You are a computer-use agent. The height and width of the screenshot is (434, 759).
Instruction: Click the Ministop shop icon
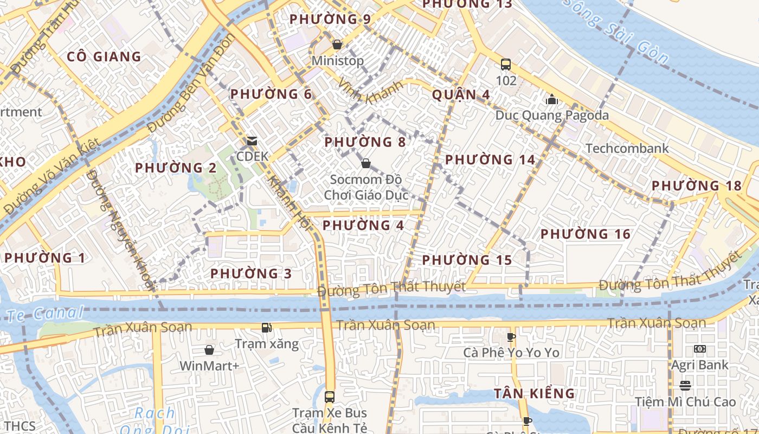coord(337,44)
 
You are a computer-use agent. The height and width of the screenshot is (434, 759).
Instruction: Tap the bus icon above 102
coord(506,65)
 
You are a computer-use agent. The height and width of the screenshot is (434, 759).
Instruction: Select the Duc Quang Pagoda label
coord(552,116)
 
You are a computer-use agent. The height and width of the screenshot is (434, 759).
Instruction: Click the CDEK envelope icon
coord(252,141)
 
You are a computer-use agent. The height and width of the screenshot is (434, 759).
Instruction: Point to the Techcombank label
coord(627,148)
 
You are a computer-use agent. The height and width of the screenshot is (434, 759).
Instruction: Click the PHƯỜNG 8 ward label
coord(365,142)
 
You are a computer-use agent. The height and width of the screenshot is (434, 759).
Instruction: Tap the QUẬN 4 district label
coord(461,95)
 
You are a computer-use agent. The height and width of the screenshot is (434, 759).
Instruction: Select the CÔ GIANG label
coord(104,56)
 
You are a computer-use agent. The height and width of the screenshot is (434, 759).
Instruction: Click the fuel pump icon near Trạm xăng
coord(266,327)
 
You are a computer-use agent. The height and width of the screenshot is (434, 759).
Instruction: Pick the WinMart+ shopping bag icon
coord(209,350)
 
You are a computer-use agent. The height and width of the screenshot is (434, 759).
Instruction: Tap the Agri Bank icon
coord(699,349)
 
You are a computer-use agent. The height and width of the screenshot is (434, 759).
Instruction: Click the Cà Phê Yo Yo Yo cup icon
coord(511,337)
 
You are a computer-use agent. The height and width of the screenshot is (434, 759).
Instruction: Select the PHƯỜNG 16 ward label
coord(586,234)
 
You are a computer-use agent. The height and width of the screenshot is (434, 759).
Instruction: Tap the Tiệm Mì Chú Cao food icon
coord(685,385)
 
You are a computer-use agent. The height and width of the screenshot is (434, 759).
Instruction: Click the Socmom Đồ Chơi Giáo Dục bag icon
coord(366,163)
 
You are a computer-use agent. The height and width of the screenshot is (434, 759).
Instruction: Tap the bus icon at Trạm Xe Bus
coord(329,397)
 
